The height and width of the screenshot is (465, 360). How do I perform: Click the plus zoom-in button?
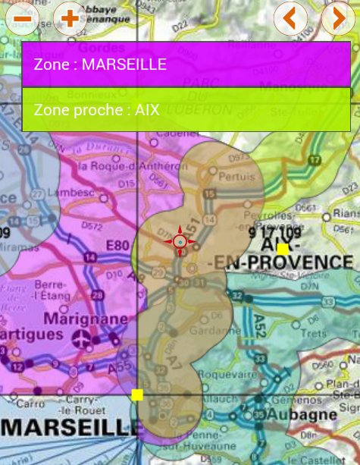pos(69,17)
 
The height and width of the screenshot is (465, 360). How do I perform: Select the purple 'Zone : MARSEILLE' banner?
pos(186,64)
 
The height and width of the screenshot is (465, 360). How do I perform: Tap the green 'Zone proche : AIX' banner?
pos(186,109)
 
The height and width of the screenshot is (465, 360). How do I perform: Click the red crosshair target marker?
pos(180,242)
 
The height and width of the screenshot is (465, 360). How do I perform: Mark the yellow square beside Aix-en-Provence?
pos(283,249)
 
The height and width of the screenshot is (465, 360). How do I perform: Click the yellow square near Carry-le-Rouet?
pos(137,394)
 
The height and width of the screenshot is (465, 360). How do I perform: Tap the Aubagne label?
pos(310,415)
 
